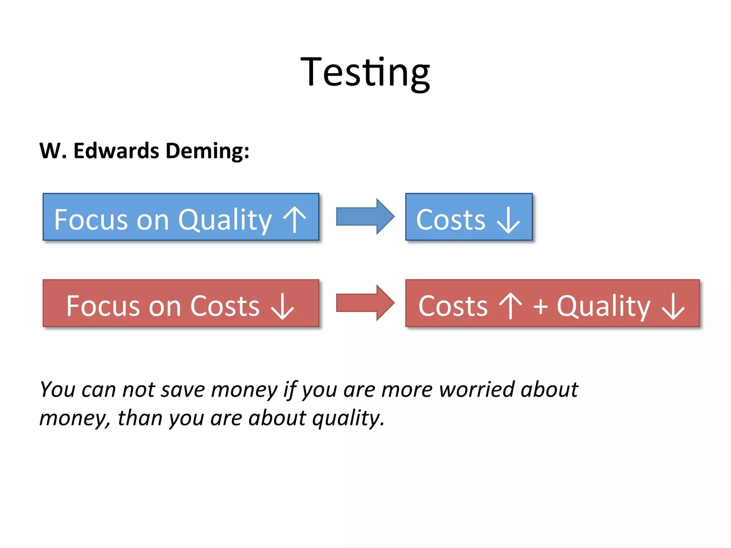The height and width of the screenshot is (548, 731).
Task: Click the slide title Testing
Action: [x=365, y=73]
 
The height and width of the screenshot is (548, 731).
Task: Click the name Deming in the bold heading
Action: [x=207, y=151]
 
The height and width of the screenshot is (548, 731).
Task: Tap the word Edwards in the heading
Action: [x=116, y=151]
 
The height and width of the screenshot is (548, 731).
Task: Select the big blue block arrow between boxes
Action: [x=365, y=217]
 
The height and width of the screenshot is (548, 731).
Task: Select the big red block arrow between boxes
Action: [x=365, y=303]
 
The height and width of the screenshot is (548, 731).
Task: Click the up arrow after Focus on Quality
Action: [x=294, y=219]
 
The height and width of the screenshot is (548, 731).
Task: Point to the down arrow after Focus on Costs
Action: [x=282, y=306]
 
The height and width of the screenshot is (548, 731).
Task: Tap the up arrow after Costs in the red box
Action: [x=510, y=306]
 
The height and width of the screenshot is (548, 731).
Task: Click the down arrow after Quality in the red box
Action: [x=673, y=306]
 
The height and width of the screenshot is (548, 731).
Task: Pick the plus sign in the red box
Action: [x=540, y=306]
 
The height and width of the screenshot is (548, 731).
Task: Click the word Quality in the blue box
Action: [x=225, y=220]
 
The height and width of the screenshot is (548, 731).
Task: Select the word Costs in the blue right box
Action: [x=451, y=220]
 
